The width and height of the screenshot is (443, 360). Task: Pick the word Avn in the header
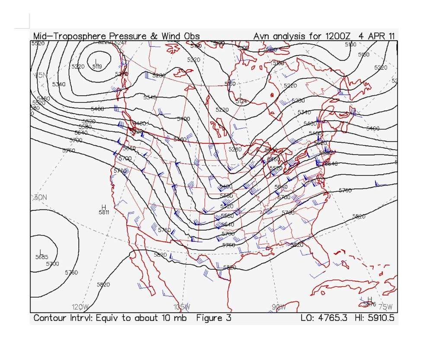click(x=262, y=36)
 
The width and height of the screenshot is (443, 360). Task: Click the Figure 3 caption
click(x=214, y=318)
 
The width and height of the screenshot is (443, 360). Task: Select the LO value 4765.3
click(x=332, y=318)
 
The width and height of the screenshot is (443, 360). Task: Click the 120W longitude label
click(x=80, y=307)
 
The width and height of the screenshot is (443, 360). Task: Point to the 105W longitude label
click(x=182, y=307)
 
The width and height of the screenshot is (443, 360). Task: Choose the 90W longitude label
click(x=279, y=307)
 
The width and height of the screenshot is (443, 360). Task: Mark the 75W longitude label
click(x=385, y=307)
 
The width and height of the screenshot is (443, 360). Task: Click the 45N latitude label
click(x=40, y=75)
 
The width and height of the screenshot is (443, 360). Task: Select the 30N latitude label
click(x=40, y=197)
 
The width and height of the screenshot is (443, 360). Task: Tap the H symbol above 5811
click(x=104, y=207)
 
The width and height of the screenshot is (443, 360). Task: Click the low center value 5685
click(x=42, y=257)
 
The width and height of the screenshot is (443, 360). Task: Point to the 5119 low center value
click(x=97, y=67)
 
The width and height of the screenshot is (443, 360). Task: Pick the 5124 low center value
click(x=241, y=101)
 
